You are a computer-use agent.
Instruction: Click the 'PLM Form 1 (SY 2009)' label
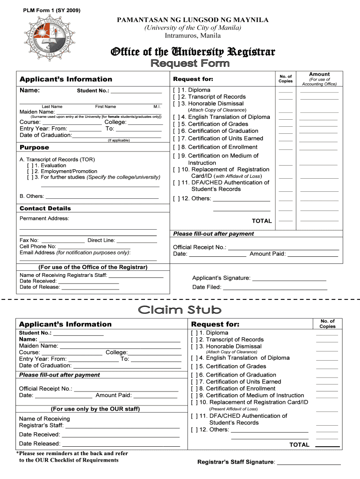pos(49,10)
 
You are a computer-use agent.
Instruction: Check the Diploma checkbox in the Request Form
pos(176,90)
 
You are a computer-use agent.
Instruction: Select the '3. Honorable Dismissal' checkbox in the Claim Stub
pos(194,347)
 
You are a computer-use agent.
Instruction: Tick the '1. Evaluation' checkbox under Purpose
pos(30,166)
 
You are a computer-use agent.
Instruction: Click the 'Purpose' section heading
pos(34,148)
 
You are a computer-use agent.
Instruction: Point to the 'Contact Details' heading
pos(45,208)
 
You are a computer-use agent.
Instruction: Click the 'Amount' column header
pos(319,74)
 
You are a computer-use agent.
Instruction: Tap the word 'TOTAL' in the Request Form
pos(262,221)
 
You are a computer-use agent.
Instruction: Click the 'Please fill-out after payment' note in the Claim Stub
pos(59,375)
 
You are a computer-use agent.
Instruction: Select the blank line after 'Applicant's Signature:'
pos(288,280)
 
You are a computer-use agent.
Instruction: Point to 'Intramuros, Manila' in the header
pos(192,36)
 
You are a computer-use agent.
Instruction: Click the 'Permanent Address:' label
pos(44,218)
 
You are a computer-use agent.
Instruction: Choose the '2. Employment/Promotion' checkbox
pos(30,172)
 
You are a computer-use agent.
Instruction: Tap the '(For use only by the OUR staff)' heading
pos(95,409)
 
